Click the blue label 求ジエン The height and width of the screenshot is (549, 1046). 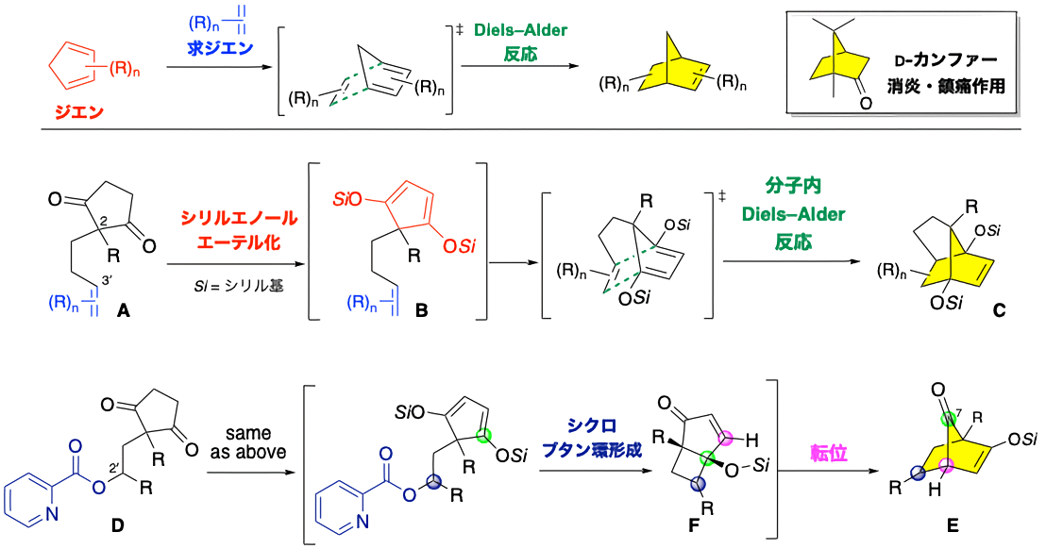(x=220, y=45)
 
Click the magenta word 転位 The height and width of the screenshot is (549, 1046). (x=828, y=454)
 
